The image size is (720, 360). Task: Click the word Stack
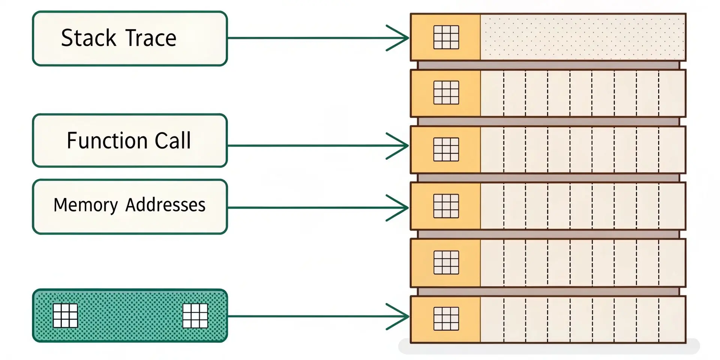pos(88,38)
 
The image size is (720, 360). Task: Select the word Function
pos(107,141)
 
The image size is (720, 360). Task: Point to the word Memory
pos(85,205)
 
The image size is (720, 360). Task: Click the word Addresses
pos(165,205)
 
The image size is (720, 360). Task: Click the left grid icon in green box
pos(65,315)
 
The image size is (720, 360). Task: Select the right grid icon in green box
pos(195,315)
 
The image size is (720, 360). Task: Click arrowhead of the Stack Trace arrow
pos(401,38)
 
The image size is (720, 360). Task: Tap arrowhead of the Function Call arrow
pos(401,145)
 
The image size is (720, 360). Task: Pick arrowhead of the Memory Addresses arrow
pos(401,207)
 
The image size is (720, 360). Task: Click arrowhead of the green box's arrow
pos(401,316)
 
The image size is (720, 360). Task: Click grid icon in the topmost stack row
pos(446,37)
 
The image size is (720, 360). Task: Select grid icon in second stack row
pos(446,93)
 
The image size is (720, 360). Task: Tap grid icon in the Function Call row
pos(446,149)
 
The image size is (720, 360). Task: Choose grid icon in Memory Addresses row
pos(446,206)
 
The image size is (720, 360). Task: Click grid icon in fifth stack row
pos(446,262)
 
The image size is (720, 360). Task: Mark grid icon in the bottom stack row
pos(446,319)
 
